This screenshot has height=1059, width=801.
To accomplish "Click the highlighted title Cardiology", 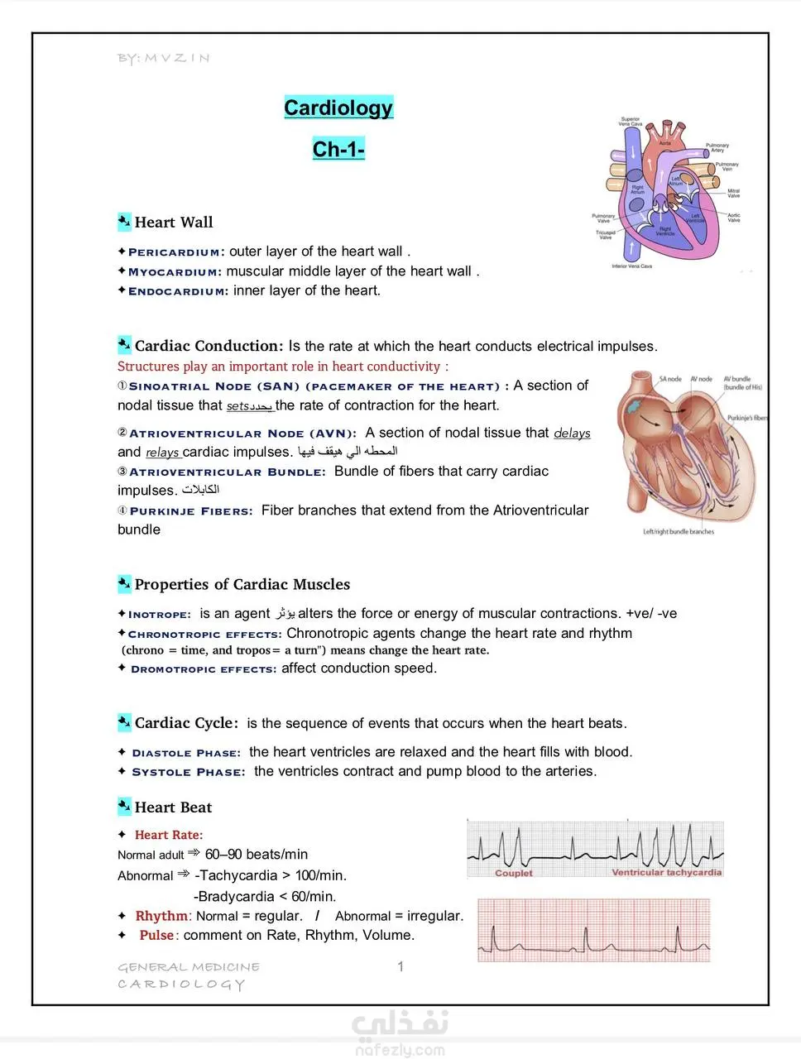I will [338, 108].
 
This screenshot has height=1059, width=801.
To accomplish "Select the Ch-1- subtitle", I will [338, 149].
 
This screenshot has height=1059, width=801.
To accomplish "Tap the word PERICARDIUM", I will [174, 252].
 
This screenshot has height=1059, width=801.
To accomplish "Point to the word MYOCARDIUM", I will [174, 272].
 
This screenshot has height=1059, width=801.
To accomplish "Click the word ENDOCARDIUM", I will [177, 291].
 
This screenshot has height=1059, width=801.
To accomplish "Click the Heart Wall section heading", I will [174, 222].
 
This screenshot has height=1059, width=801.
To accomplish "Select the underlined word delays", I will [572, 433].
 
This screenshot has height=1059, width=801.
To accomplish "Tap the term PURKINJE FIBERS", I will [191, 511].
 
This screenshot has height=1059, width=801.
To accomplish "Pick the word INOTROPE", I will [159, 615].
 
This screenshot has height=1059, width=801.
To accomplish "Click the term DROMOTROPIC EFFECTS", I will [204, 669].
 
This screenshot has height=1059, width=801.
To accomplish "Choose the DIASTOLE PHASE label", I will [186, 753].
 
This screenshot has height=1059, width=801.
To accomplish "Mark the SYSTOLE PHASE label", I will [189, 772].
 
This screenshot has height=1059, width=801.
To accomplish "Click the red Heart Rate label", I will [169, 835].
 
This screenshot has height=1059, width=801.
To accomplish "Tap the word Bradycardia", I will [234, 896].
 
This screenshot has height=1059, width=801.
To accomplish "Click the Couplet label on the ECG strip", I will [513, 873].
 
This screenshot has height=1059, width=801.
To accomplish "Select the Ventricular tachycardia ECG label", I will [666, 872].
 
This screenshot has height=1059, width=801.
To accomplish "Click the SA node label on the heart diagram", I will [670, 379].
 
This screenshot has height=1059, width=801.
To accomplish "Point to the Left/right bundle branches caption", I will [679, 531].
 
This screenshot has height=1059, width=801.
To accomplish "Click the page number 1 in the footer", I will [400, 966].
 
